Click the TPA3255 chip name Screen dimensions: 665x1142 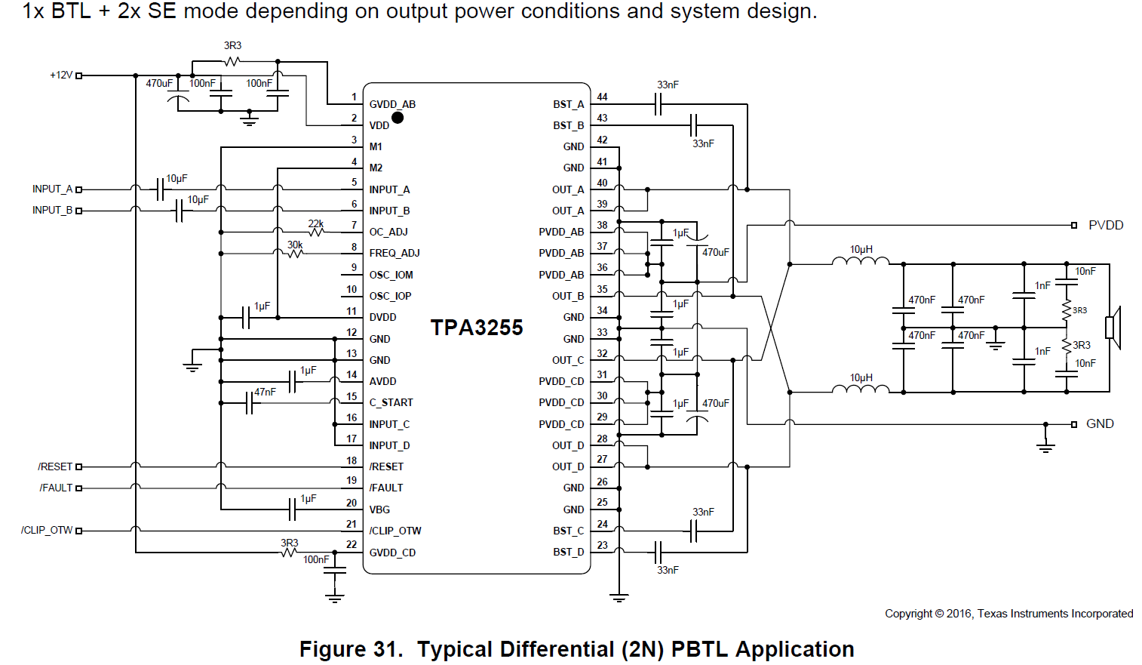(477, 328)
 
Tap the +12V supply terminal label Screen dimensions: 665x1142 (61, 75)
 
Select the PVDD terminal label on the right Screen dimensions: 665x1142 (1105, 226)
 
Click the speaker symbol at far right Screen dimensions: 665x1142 (1113, 328)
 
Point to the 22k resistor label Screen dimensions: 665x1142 (315, 223)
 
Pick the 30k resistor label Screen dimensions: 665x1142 (295, 245)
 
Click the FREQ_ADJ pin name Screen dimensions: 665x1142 (394, 254)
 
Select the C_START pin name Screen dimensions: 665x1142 (391, 403)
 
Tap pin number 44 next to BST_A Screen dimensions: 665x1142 (602, 97)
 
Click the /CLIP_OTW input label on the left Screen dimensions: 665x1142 (47, 531)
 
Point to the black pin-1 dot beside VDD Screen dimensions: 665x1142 (398, 118)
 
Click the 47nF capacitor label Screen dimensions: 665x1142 (265, 392)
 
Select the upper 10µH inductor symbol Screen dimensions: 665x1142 (861, 261)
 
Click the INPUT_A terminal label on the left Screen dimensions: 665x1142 (52, 189)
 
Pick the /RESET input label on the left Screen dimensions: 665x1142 (55, 467)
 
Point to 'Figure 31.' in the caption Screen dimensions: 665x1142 (351, 649)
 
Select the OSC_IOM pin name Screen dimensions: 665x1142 (391, 275)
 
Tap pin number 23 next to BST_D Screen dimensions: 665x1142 (602, 545)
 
